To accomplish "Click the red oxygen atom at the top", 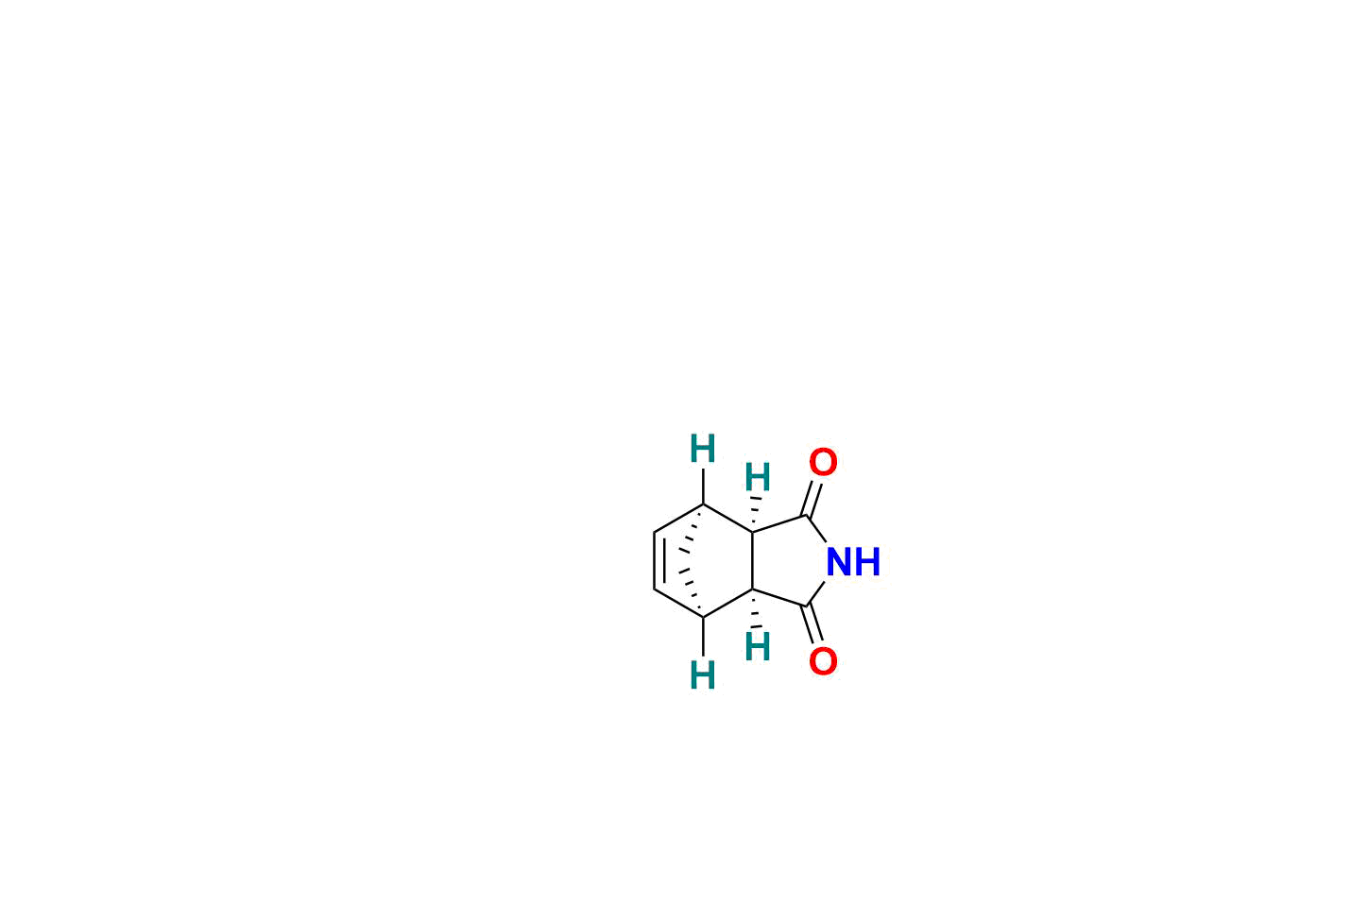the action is coord(823,462).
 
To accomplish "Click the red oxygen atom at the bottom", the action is coord(823,661).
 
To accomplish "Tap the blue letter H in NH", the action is coord(868,561).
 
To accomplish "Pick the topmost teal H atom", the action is coord(703,449).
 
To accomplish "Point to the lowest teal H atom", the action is coord(703,674).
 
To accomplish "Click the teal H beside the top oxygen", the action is coord(758,477).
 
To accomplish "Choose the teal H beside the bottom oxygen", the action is coord(758,646).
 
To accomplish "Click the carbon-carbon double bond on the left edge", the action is coord(658,561).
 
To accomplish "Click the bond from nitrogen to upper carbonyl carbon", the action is coord(815,529).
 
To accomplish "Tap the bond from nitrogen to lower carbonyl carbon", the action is coord(815,593).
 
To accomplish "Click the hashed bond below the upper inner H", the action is coord(755,513).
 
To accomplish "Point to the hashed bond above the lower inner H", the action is coord(755,609).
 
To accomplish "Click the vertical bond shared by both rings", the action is coord(753,561).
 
